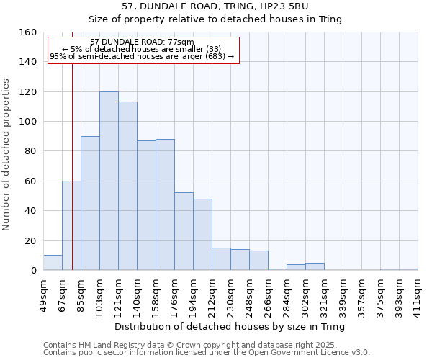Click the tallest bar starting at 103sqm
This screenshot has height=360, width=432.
109,181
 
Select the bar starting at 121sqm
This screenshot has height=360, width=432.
127,186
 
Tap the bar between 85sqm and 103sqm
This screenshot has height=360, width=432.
90,203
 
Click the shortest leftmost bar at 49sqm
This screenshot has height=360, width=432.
53,263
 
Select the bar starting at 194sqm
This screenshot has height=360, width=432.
202,234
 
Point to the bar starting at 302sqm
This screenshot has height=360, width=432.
315,266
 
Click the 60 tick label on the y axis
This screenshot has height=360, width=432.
31,181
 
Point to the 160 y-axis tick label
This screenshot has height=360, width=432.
29,32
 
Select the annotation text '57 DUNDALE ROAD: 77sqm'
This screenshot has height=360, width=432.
143,42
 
